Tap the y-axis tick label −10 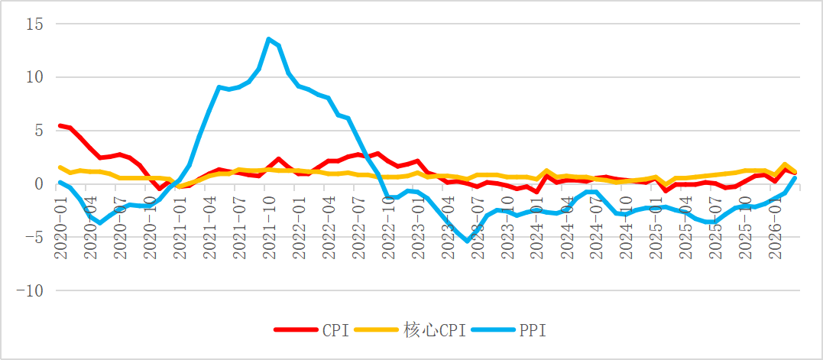click(31, 291)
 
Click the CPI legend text click(335, 331)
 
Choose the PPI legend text click(533, 331)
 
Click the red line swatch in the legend click(296, 331)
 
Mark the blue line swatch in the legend click(494, 331)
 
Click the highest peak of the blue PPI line click(269, 39)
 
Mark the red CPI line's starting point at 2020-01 click(60, 125)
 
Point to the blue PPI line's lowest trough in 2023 click(468, 241)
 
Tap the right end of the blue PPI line click(795, 177)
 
